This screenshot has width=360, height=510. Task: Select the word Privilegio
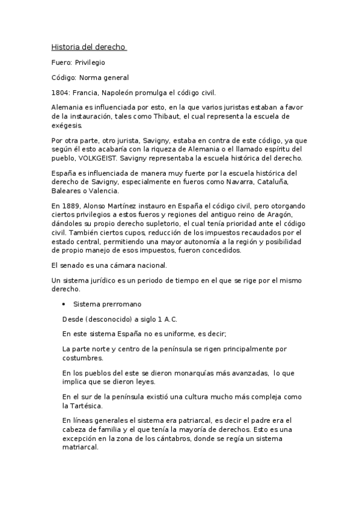pos(92,63)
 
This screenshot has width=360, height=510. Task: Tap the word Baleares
pos(68,191)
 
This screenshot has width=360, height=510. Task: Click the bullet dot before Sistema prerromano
pos(64,304)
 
